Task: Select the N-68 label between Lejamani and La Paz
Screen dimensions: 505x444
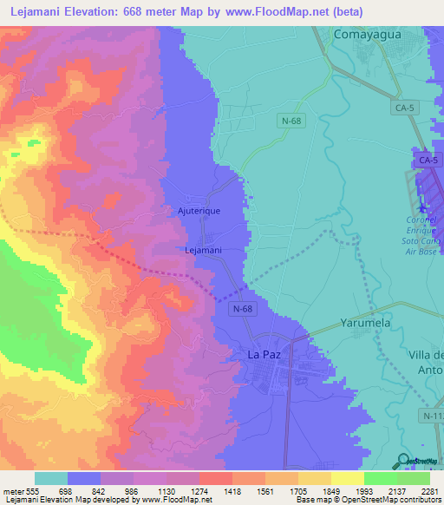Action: (243, 308)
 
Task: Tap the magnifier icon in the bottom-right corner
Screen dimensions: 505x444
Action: (405, 461)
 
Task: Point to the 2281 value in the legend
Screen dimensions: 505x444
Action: (431, 491)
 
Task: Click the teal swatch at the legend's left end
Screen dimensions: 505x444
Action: (50, 478)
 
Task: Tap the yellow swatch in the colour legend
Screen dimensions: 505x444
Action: (347, 478)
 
